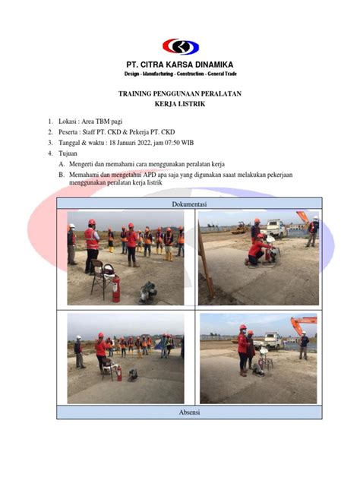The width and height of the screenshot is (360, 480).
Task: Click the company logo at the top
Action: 179,46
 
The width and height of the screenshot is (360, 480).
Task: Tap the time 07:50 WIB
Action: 199,142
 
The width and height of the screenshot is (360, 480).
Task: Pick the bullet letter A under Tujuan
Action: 62,164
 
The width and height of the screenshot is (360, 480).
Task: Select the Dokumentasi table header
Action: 189,204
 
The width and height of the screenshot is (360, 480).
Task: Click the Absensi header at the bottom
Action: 189,412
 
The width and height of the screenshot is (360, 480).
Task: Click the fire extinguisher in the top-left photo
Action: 115,288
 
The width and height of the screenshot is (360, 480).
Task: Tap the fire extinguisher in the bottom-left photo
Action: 117,372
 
